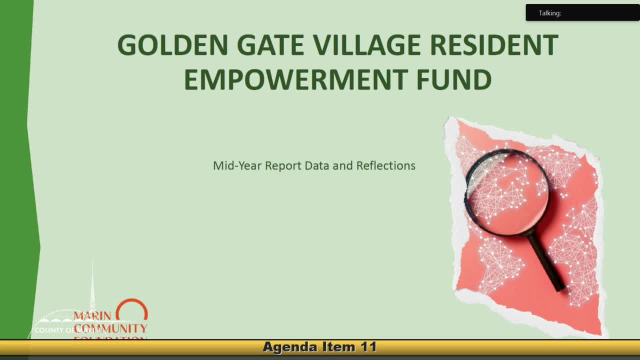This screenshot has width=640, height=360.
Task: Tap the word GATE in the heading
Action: coord(270,45)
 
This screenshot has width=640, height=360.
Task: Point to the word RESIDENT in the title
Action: coord(494,45)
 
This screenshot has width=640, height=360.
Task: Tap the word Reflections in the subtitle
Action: coord(385,165)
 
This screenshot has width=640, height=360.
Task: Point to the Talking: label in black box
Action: coord(549,13)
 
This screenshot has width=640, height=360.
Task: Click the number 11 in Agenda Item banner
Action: coord(367,347)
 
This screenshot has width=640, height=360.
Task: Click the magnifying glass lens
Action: coord(507,192)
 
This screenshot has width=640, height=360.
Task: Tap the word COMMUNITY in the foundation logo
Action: coord(111,328)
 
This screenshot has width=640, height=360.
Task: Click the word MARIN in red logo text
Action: coord(92,317)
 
